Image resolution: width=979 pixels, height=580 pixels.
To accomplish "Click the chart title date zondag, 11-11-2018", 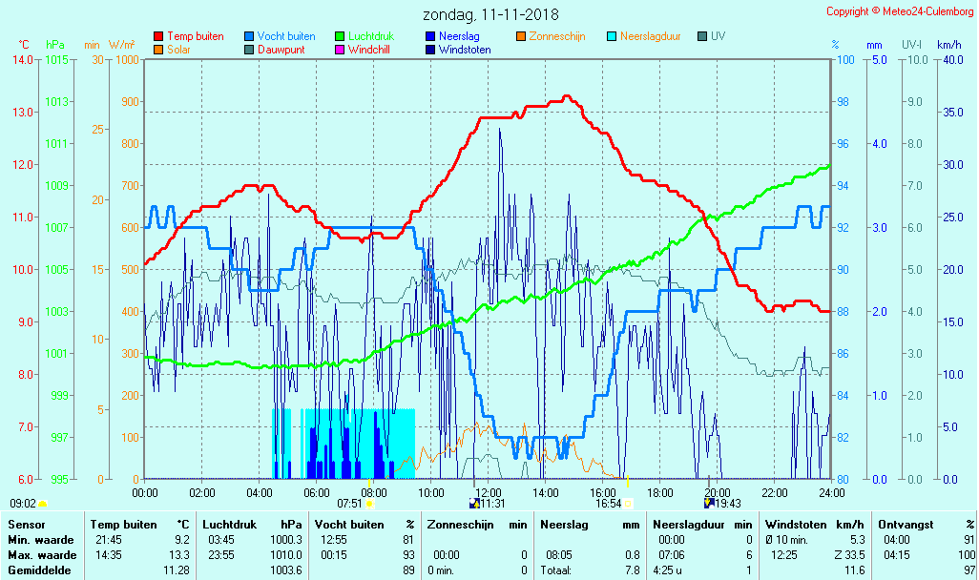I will pos(491,15).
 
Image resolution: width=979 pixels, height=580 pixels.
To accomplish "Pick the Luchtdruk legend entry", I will pos(372,36).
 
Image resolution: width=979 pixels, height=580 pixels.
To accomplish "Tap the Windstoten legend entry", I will pos(465,50).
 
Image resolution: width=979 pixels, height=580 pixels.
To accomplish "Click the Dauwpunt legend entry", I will pos(281,50).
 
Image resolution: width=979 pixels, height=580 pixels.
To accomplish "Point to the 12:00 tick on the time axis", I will pos(488,492).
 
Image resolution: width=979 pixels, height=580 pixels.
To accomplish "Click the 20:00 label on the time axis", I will pos(717,492).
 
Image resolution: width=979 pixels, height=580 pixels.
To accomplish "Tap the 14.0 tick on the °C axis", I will pos(23,60).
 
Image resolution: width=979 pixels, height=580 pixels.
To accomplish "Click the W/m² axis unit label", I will pos(121,45).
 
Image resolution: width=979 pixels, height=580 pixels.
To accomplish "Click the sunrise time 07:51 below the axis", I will pos(350,504).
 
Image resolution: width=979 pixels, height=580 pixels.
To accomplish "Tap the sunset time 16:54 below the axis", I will pos(609,504).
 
